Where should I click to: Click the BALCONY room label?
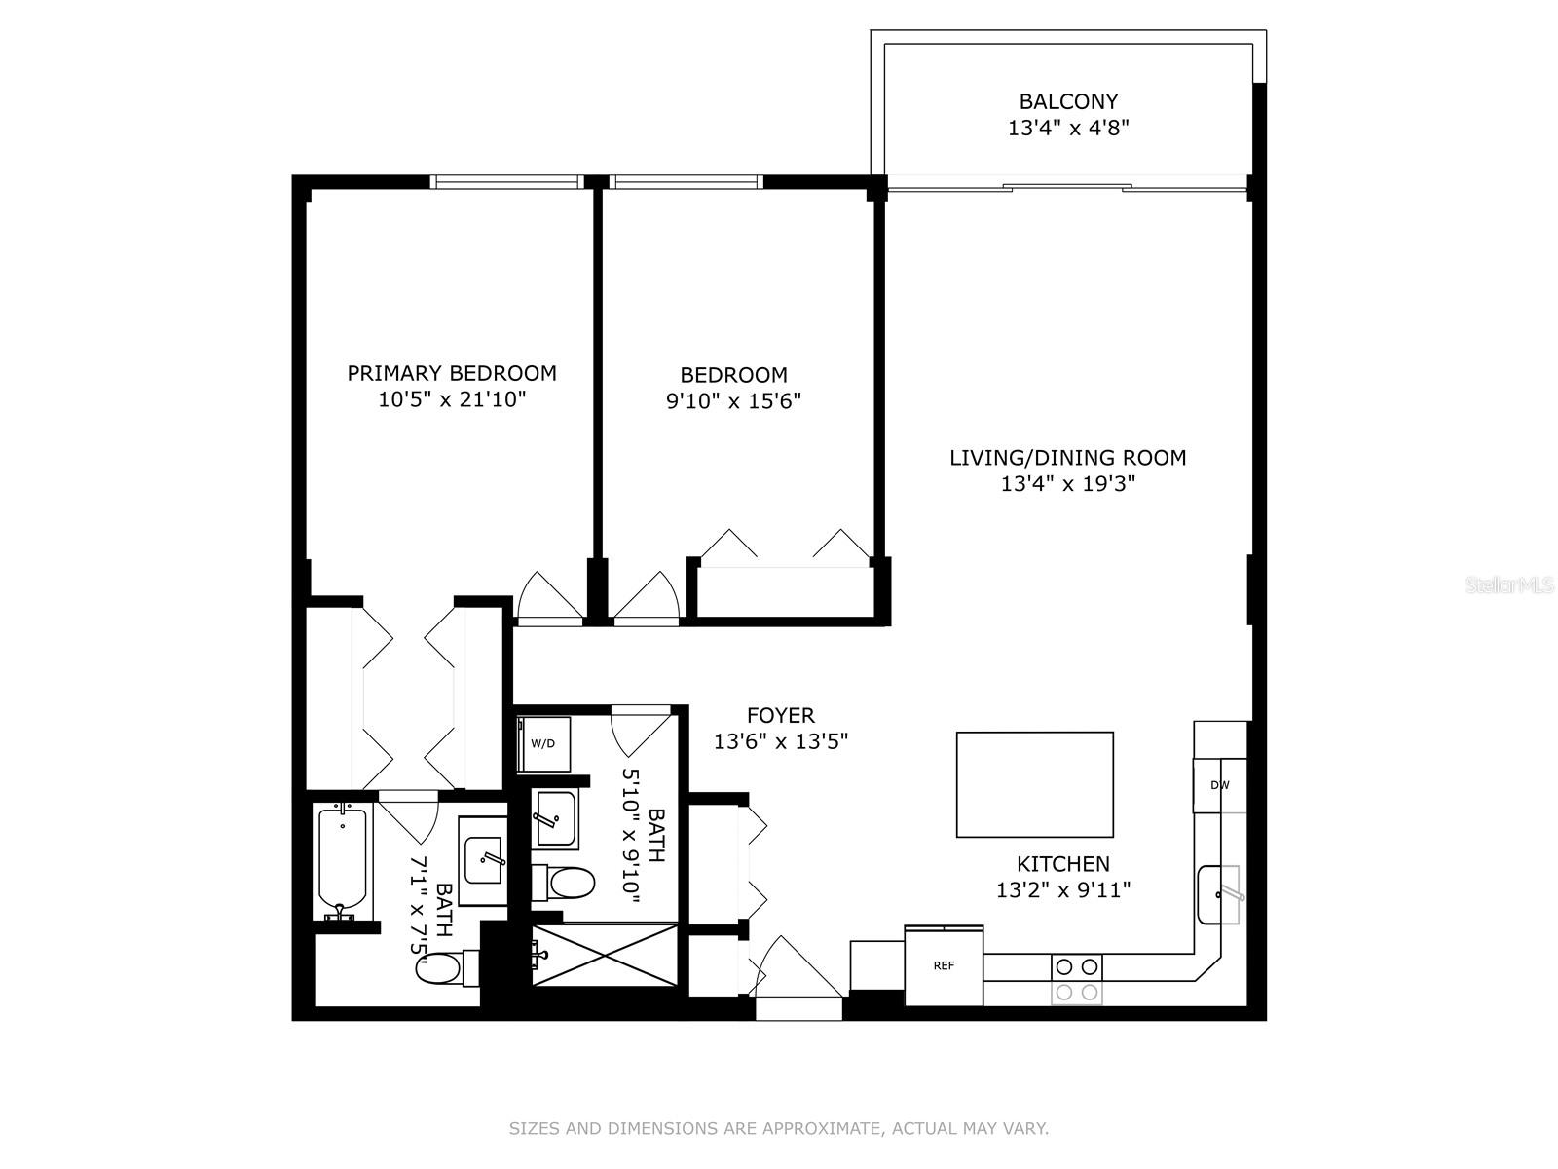1068,101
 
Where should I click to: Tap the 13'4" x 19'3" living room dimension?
1067,484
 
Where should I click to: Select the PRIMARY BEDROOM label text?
452,373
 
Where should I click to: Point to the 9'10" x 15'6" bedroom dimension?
733,401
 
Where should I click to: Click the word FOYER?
781,715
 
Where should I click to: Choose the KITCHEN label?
1062,864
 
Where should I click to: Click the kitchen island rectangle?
1034,784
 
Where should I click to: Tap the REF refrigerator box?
944,965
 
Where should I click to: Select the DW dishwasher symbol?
1219,786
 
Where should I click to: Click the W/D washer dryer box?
543,744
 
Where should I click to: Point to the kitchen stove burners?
1076,979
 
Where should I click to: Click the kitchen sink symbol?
1219,895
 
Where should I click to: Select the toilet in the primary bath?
447,967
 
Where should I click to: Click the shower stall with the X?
605,955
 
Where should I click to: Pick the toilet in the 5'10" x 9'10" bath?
563,884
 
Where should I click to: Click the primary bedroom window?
506,182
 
